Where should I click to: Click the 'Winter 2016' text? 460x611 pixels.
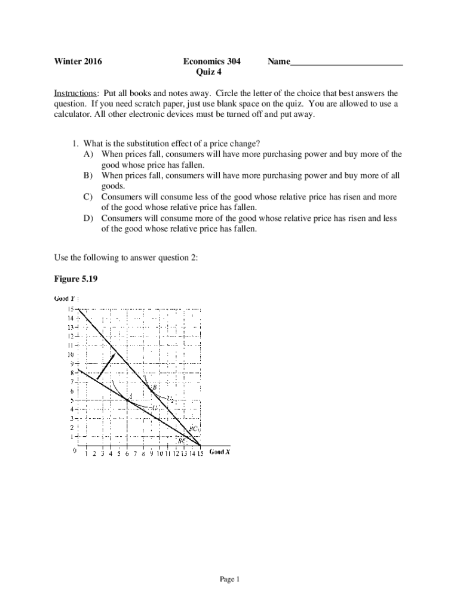(78, 61)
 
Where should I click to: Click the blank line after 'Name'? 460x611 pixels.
(346, 63)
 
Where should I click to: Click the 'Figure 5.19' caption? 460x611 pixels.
(75, 277)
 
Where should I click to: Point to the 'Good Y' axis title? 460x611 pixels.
(65, 299)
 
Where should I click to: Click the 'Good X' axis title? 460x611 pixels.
(219, 452)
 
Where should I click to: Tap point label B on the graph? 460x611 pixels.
(154, 387)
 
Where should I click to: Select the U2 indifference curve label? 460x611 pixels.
(170, 399)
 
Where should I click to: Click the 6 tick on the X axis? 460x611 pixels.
(127, 453)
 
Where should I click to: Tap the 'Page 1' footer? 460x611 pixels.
(229, 579)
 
